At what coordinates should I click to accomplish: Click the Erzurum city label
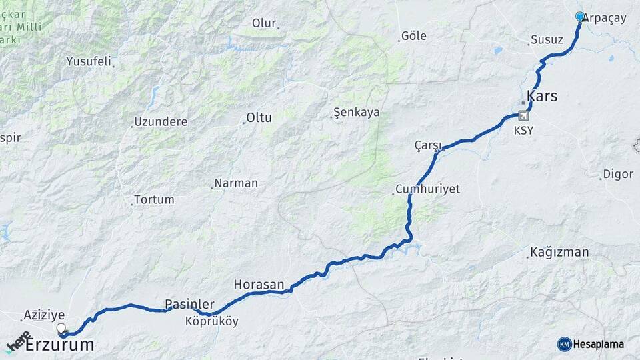pos(59,345)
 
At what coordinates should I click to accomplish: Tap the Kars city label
pos(542,96)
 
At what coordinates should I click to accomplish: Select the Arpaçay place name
pos(605,19)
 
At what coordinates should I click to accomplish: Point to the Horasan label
pos(259,285)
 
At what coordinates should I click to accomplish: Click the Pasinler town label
pos(189,305)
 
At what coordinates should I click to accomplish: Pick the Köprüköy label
pos(211,321)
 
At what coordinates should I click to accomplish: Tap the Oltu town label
pos(259,118)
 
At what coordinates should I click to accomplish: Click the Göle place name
pos(414,36)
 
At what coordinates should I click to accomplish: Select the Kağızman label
pos(559,252)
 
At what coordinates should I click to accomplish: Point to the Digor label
pos(617,175)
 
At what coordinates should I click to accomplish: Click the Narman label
pos(235,183)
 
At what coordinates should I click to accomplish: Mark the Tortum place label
pos(153,199)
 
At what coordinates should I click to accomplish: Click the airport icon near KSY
pos(524,117)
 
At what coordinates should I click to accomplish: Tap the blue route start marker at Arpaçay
pos(580,17)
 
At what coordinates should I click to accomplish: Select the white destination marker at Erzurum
pos(61,328)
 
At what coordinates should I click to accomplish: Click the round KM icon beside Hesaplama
pos(564,344)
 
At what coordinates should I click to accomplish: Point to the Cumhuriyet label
pos(427,189)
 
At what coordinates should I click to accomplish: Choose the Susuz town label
pos(547,40)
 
